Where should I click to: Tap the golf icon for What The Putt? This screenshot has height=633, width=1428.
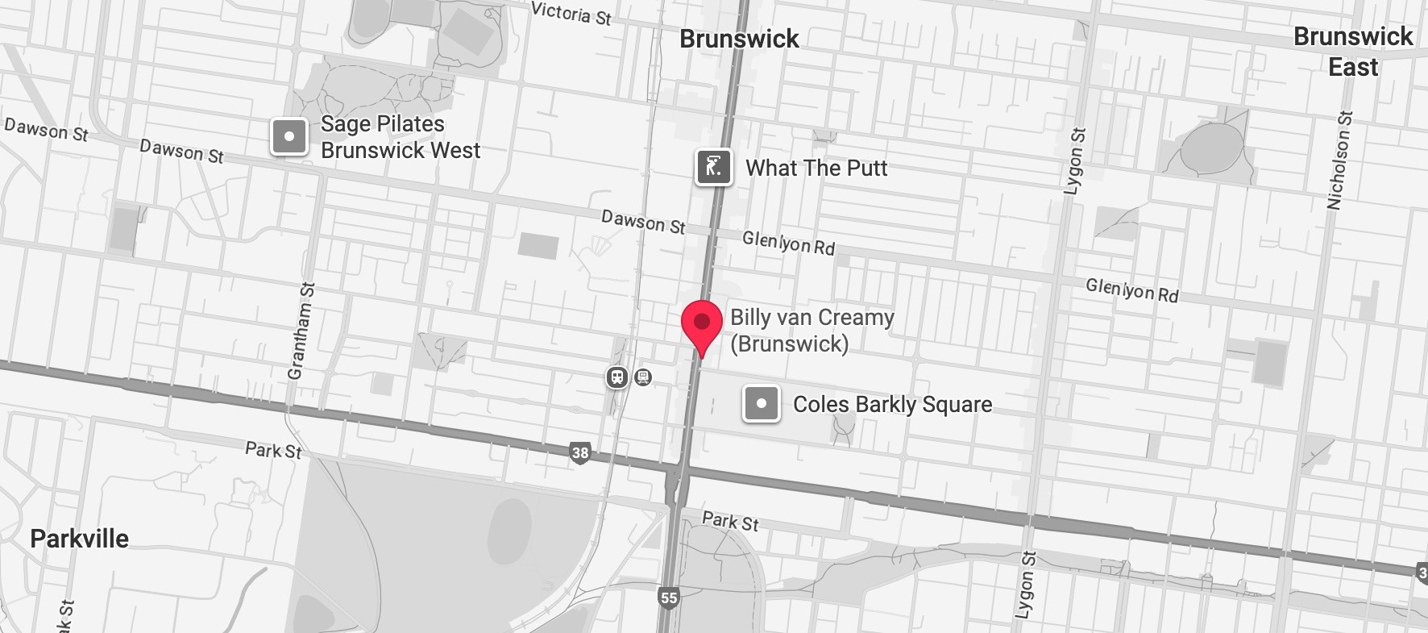pos(714,168)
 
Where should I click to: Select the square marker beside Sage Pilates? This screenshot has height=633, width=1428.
pos(289,136)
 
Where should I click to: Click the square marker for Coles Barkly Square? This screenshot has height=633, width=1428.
pos(761,403)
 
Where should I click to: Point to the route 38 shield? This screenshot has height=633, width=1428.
pos(580,452)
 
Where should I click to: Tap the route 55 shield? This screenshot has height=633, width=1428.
pos(669,598)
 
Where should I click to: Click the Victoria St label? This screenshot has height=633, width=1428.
pos(571,13)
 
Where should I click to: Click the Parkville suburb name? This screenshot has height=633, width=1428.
pos(79,539)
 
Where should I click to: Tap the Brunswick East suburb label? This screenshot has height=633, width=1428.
pos(1353,52)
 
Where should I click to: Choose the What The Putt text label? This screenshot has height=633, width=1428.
pos(816,168)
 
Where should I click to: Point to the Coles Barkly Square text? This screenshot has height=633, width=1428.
pos(892,404)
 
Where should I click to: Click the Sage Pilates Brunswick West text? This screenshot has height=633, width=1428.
pos(400,137)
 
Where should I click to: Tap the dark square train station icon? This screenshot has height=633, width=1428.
pos(617,377)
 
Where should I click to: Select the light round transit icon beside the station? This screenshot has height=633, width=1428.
pos(643,377)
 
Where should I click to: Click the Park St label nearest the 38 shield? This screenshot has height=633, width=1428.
pos(273,450)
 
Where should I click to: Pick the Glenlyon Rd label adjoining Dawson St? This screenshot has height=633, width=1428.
pos(788,243)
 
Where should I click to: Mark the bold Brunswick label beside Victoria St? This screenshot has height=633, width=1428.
pos(739,39)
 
